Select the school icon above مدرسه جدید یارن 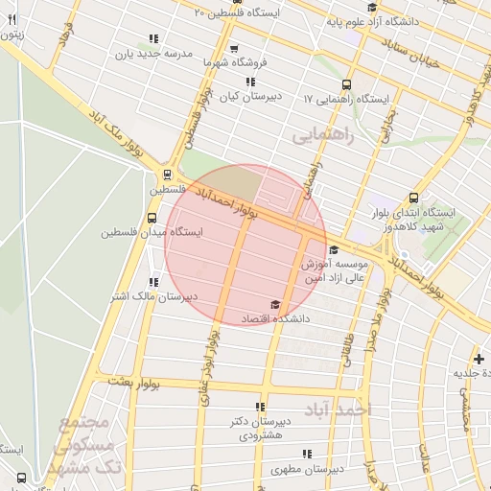click(x=152, y=40)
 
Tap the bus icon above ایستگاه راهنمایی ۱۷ click(x=346, y=84)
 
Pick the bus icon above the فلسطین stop click(x=168, y=175)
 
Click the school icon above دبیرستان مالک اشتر click(x=152, y=282)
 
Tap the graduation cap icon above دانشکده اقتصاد click(x=277, y=303)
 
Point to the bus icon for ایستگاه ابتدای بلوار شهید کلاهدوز click(x=413, y=196)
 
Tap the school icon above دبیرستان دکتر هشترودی click(x=263, y=407)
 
